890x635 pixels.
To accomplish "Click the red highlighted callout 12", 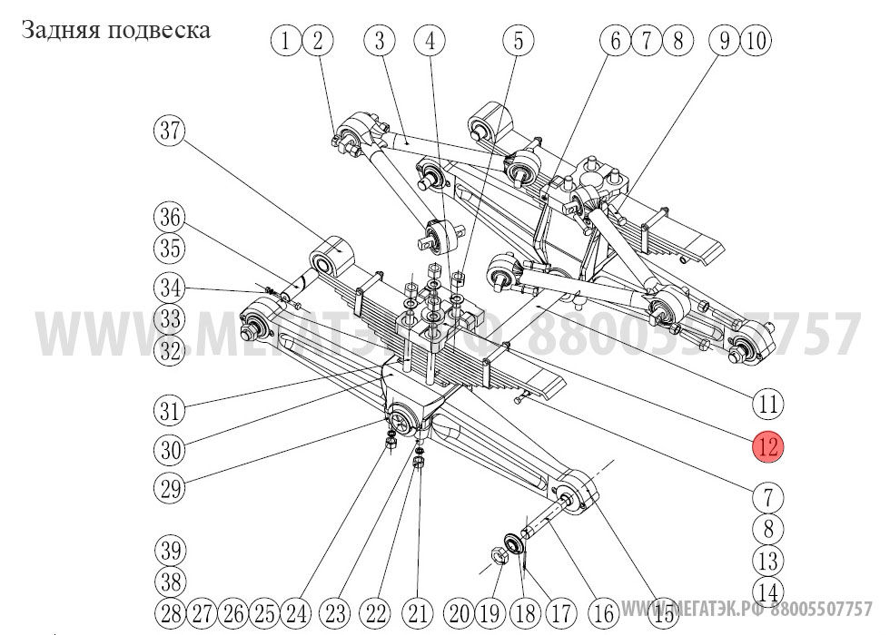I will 766,446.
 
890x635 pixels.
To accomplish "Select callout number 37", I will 168,131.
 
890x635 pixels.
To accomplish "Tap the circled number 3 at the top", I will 380,40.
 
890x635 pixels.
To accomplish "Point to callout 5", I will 430,40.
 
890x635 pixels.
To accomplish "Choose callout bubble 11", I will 519,40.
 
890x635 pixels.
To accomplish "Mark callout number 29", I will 168,490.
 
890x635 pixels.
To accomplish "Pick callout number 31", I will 168,410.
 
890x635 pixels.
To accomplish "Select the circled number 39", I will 169,551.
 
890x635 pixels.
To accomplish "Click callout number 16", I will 604,612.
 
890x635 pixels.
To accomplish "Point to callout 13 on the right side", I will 767,561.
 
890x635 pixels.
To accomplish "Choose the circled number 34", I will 168,289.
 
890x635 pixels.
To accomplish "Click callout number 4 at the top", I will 430,40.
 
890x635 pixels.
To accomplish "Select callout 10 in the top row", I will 756,40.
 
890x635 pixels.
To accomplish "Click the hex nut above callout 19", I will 500,553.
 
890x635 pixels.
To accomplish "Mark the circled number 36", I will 168,218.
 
